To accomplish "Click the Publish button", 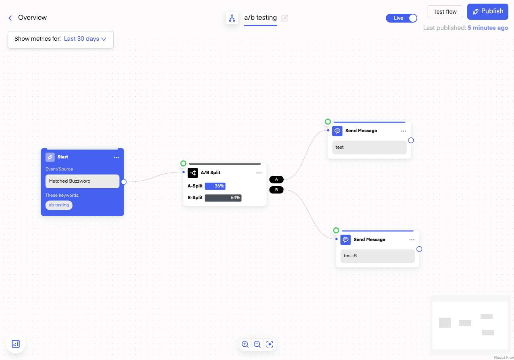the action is [487, 11].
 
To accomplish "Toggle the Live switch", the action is [401, 18].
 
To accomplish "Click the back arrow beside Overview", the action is [10, 18].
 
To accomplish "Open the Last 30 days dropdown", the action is [85, 39].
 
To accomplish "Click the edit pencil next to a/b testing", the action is [284, 18].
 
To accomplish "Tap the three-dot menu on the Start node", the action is [116, 157].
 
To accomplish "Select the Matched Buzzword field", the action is [83, 181].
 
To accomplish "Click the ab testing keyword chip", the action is [59, 205].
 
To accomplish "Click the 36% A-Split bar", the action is [215, 186].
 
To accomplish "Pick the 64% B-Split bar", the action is [223, 198].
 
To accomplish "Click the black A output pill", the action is [276, 179].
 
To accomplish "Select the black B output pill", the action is [276, 190].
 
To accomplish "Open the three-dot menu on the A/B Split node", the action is [259, 173].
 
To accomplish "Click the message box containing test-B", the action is [377, 256].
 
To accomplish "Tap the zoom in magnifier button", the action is [245, 344].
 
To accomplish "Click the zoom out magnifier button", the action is [257, 344].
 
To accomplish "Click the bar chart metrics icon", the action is [16, 344].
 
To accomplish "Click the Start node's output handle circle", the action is [124, 182].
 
